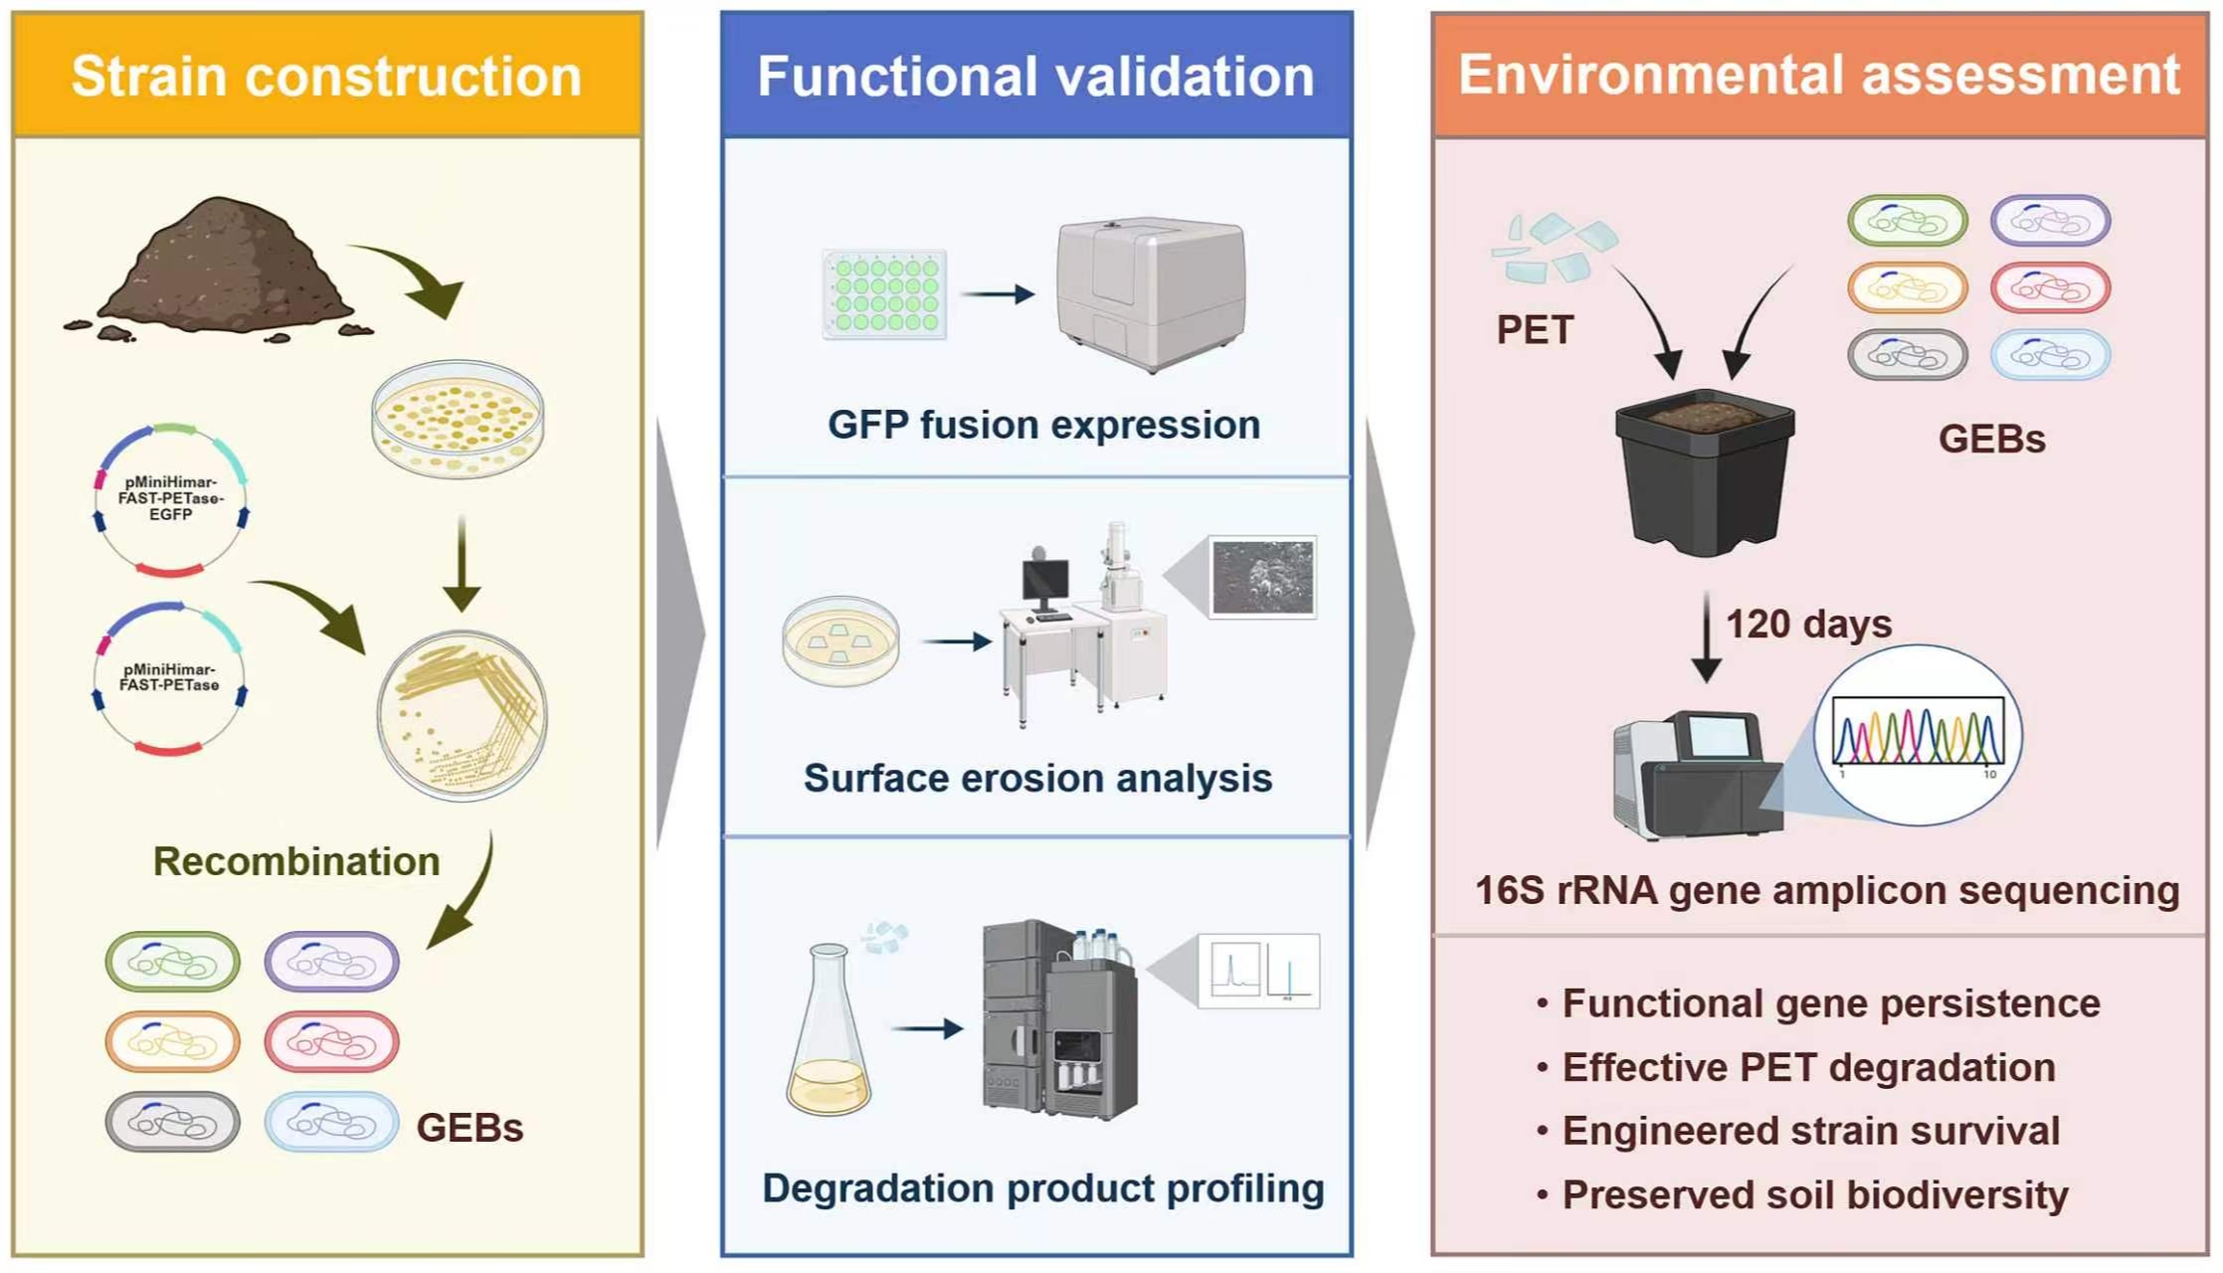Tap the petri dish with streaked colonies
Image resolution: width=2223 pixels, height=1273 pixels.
(x=462, y=715)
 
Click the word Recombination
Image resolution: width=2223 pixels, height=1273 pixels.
(x=295, y=861)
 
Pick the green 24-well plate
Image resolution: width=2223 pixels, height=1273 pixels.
(x=884, y=294)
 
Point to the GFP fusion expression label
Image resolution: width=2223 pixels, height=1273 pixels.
(x=1043, y=425)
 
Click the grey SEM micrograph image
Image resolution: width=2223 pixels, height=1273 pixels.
(x=1262, y=578)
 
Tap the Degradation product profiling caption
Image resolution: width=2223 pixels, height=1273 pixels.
(x=1042, y=1188)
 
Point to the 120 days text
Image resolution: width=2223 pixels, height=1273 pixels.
(x=1808, y=625)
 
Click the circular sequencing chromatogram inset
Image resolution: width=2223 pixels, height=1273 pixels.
(x=1917, y=735)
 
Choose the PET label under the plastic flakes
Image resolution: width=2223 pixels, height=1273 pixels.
(x=1535, y=330)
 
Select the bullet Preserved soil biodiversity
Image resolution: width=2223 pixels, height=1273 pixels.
(x=1814, y=1194)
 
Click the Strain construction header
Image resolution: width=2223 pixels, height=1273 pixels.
(x=326, y=76)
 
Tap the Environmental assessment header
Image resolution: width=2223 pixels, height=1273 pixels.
(x=1818, y=75)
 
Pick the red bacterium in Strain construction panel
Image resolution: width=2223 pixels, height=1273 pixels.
(x=331, y=1041)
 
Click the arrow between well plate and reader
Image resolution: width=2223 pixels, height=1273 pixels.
(x=999, y=294)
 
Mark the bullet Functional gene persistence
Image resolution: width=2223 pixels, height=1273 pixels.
(x=1830, y=1003)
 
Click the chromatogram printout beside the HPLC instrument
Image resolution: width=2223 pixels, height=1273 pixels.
(x=1258, y=971)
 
